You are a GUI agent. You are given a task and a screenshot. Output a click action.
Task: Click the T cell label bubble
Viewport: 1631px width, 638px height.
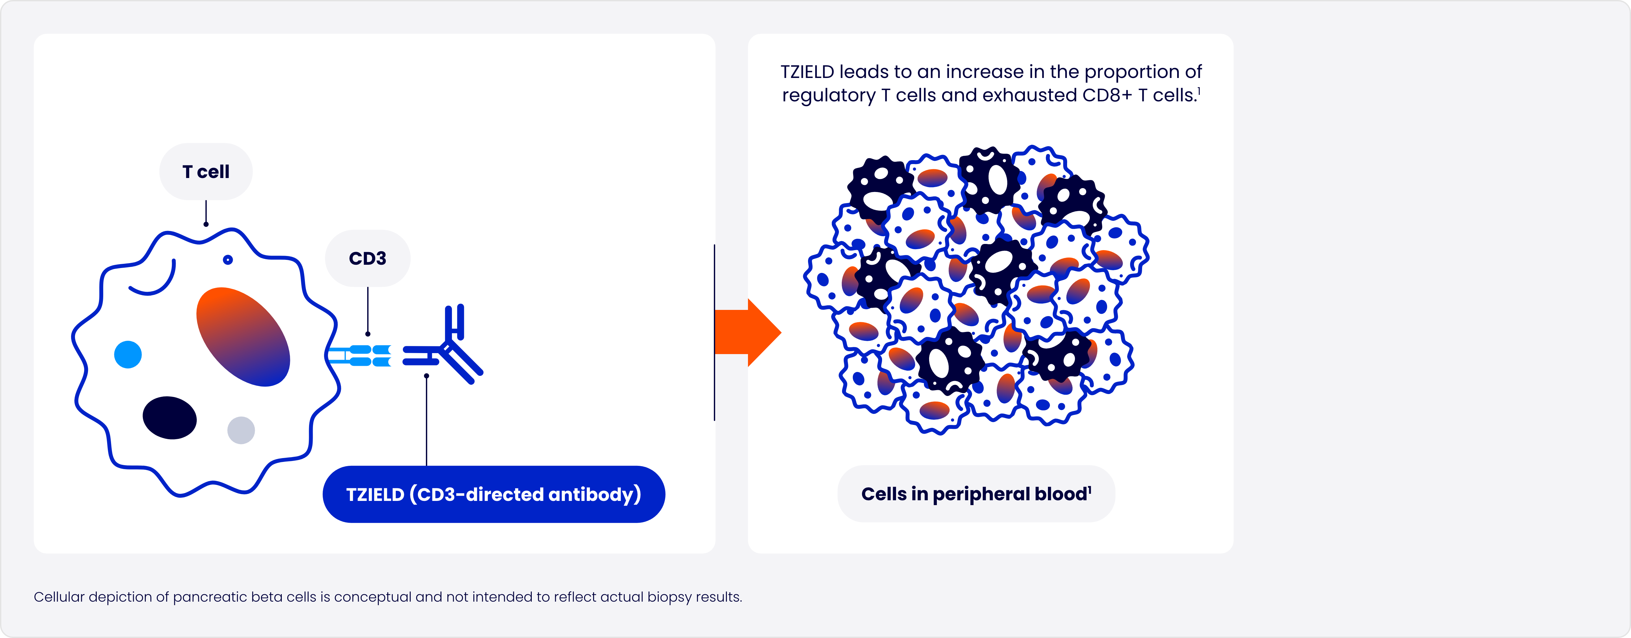[x=206, y=172]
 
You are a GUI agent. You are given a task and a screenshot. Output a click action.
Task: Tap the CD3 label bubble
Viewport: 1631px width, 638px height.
[x=367, y=259]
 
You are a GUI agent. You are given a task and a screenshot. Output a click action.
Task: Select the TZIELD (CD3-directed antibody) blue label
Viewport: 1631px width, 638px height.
[x=493, y=494]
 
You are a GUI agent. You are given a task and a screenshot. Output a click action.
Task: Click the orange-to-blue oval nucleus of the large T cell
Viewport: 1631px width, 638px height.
[x=243, y=337]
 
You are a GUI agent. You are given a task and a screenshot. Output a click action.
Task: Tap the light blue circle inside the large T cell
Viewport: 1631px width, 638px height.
[x=128, y=355]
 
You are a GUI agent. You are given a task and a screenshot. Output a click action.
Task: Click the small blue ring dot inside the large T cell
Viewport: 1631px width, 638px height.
[x=228, y=260]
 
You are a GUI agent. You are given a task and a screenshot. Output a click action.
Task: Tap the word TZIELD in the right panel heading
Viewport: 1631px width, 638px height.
[x=807, y=72]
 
